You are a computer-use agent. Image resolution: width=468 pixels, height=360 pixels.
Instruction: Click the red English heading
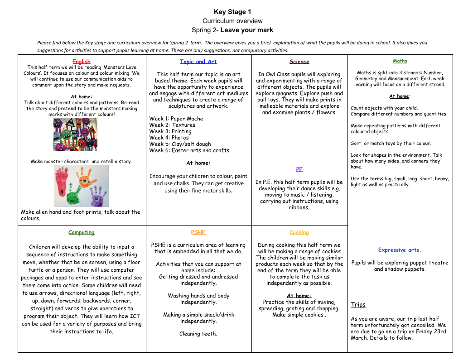pos(82,62)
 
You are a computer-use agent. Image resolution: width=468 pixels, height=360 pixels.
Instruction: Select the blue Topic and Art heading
pos(198,62)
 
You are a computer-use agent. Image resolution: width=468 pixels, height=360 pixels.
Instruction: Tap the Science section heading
pos(299,62)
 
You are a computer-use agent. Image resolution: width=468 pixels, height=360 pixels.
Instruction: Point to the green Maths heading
pos(400,61)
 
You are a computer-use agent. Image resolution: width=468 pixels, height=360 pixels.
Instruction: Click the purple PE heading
pos(299,169)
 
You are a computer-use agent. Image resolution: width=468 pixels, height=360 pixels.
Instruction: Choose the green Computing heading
pos(82,232)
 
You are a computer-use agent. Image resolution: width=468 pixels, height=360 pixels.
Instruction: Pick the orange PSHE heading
pos(198,232)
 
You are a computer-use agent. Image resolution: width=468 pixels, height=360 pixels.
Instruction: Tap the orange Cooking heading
pos(299,232)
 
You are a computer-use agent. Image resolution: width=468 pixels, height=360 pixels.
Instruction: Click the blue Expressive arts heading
pos(400,250)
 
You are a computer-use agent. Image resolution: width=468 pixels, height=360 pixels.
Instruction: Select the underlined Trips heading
pos(358,305)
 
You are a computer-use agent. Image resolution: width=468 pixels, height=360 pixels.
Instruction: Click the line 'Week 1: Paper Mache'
pos(176,119)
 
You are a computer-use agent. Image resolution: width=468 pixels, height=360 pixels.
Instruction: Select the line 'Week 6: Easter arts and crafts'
pos(189,150)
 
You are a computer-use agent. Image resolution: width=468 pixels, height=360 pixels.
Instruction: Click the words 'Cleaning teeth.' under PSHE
pos(198,334)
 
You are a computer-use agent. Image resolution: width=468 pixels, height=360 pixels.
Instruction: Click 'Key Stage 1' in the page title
pos(232,12)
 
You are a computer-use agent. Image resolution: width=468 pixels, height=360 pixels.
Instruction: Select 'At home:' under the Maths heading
pos(400,96)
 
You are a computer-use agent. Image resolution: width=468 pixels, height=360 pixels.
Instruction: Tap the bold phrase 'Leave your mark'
pos(247,30)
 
